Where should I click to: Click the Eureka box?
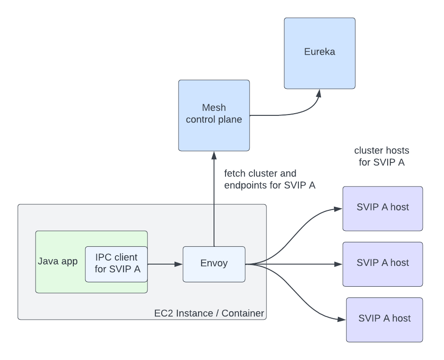(x=320, y=52)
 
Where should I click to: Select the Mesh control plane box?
(x=214, y=115)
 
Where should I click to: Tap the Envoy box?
(x=214, y=264)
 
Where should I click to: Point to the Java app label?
(x=58, y=261)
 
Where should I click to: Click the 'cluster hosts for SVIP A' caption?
(x=381, y=156)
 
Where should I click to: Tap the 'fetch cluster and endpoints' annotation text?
(x=270, y=179)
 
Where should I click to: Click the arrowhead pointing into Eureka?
(x=318, y=92)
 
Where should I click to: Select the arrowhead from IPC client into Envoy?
(x=179, y=264)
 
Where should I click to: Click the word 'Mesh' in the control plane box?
(x=214, y=107)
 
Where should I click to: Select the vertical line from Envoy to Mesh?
(x=214, y=200)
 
